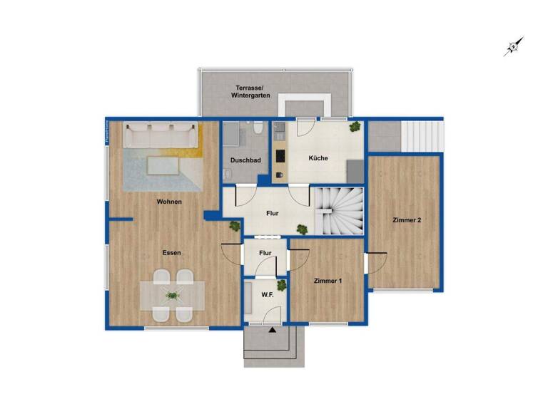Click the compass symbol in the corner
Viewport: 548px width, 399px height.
[513, 47]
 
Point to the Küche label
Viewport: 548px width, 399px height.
[318, 158]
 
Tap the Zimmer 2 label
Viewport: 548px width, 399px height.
[407, 220]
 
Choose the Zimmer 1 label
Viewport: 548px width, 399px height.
[328, 281]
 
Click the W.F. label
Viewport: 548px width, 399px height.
[268, 295]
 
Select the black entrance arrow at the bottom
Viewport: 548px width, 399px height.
[271, 330]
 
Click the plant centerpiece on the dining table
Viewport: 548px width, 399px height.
[172, 295]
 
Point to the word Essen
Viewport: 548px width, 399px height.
[171, 253]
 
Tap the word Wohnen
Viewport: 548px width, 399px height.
[170, 202]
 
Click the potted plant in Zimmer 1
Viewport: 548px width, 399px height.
[282, 286]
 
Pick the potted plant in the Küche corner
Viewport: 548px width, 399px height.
[355, 128]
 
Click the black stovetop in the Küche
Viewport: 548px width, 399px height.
[280, 156]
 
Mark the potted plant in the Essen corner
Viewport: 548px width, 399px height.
[234, 226]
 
